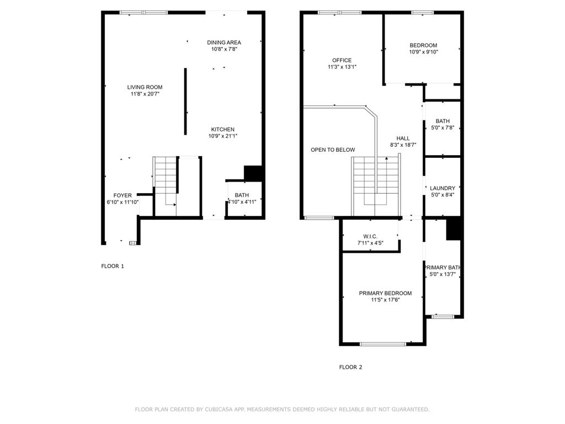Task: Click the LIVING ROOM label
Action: [x=145, y=87]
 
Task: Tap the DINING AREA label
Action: [x=224, y=42]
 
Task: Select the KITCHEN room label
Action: [x=223, y=129]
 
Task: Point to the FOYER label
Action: [x=122, y=195]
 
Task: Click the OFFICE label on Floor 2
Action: [x=342, y=60]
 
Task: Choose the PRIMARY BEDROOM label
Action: [x=385, y=293]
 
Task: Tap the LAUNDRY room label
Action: [x=443, y=188]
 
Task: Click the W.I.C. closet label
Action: [x=370, y=236]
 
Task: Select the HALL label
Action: [x=403, y=138]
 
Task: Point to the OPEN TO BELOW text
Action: [x=333, y=150]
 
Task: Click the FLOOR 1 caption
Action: [x=113, y=266]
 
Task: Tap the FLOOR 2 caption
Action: [x=350, y=367]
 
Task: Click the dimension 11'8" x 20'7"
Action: [x=145, y=94]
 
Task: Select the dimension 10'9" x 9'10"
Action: [x=423, y=52]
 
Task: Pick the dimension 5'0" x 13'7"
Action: [x=443, y=274]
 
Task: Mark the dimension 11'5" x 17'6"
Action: [x=385, y=300]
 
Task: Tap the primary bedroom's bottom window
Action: [x=383, y=344]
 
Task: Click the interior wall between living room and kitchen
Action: [x=185, y=102]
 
